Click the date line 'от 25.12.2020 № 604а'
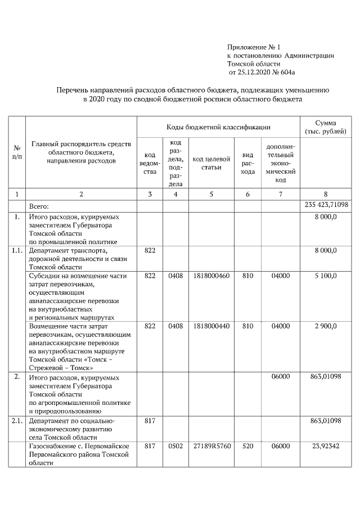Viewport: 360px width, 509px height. pos(262,73)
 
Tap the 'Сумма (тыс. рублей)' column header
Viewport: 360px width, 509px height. pos(326,127)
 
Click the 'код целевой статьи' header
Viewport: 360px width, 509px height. pos(211,163)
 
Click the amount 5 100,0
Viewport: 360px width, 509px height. pos(326,276)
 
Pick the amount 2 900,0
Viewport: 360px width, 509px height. pos(326,326)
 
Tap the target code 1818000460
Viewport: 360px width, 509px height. pos(211,276)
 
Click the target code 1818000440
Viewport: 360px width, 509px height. pos(211,326)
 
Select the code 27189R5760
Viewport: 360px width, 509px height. pos(211,445)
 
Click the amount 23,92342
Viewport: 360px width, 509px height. pos(326,445)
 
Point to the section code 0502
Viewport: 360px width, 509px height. pos(175,445)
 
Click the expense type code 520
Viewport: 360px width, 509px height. pos(247,445)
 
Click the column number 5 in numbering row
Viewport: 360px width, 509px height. pos(211,194)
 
